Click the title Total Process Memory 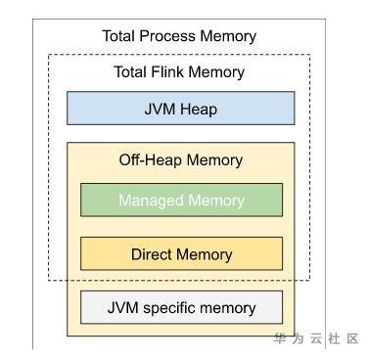(x=179, y=36)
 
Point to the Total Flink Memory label (x=179, y=71)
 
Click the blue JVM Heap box (x=180, y=109)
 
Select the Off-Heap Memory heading (x=181, y=160)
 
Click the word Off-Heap (x=154, y=160)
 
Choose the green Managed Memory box (x=181, y=200)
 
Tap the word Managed (x=153, y=200)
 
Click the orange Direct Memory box (x=181, y=254)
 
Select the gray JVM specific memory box (x=181, y=308)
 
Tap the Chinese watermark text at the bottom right (x=316, y=339)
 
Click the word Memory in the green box (x=215, y=200)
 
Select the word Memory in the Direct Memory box (x=206, y=254)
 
